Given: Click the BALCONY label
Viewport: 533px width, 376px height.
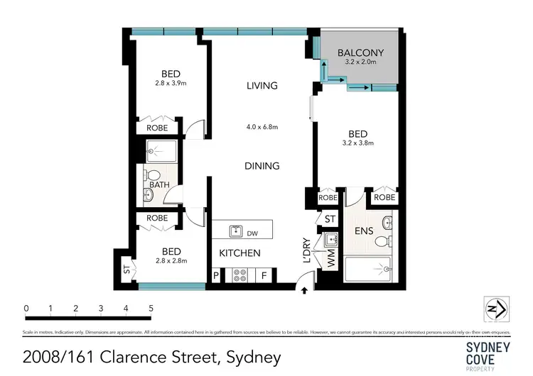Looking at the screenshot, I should (x=360, y=52).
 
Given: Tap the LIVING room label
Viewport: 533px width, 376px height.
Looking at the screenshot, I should (x=262, y=86).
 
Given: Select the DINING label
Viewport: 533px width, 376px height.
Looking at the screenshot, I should (x=262, y=166).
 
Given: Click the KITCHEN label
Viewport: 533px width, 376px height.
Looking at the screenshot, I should (x=239, y=253).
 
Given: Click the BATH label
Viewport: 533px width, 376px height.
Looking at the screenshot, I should (x=159, y=185).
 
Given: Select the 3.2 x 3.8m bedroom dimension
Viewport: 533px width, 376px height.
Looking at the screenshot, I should (x=358, y=143).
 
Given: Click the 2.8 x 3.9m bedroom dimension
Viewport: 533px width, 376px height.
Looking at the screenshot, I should (x=171, y=83).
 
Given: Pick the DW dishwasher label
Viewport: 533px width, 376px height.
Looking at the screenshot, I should (x=252, y=231).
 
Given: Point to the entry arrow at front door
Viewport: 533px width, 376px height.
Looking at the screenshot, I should (x=305, y=290).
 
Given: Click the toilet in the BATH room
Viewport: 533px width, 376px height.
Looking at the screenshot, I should (x=151, y=175).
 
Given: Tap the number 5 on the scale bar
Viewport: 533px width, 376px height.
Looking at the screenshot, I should (x=151, y=309).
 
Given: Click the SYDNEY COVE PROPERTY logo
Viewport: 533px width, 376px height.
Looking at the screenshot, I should (x=488, y=353).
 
